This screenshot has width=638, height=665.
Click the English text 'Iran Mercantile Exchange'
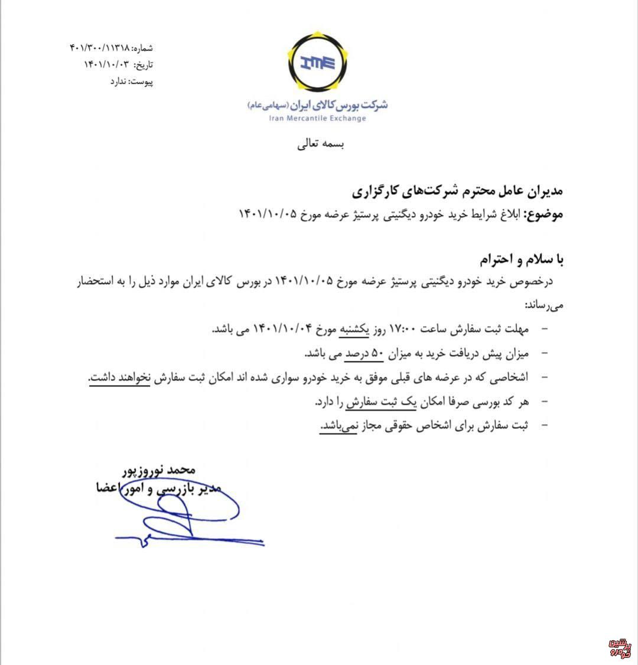tap(318, 118)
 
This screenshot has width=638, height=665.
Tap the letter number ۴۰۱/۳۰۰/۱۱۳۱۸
tap(98, 47)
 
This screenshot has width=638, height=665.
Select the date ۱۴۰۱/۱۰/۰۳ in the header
tap(106, 64)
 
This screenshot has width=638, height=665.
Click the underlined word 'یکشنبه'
tap(353, 328)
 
